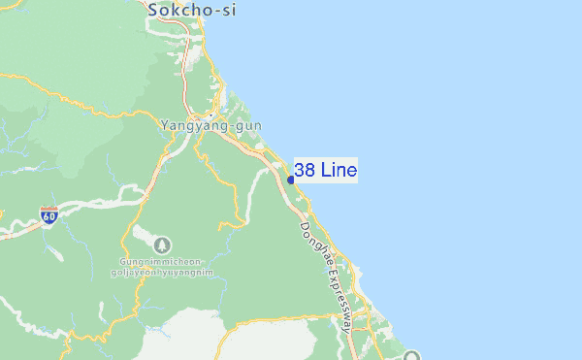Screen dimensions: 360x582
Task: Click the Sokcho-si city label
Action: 191,10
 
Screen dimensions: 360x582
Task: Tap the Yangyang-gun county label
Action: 208,126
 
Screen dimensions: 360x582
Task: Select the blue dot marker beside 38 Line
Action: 291,180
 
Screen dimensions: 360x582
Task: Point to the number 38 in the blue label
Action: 304,171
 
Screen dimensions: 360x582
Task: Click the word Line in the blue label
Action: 338,171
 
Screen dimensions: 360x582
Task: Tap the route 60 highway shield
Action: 48,216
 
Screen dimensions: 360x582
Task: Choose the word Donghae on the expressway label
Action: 312,244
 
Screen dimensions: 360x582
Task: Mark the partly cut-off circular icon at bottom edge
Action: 413,356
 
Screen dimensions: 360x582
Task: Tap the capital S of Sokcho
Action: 153,10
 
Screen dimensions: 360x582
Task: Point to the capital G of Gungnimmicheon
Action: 124,262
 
